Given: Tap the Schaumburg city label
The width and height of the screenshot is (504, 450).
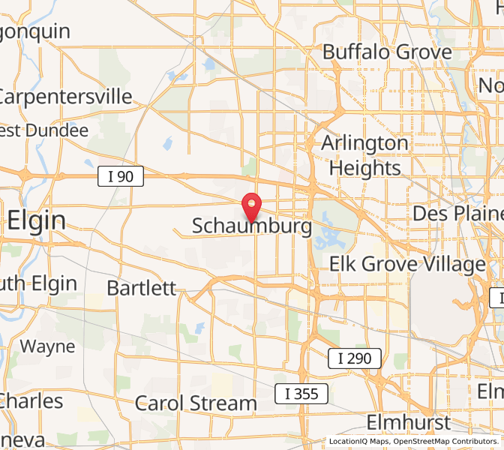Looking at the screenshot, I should tap(252, 226).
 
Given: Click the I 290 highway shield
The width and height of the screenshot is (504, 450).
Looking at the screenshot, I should tap(355, 358).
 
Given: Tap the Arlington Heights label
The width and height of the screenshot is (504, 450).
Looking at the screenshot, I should tap(365, 155).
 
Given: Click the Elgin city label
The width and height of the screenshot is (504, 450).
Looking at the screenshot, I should tap(36, 220).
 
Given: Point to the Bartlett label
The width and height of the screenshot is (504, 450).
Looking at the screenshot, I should tap(142, 288).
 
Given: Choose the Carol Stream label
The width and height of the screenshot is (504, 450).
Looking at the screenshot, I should tap(196, 403).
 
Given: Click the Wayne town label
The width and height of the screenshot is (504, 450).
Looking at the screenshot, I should tap(47, 346).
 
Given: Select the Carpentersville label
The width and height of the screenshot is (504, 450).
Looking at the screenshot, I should tap(66, 97).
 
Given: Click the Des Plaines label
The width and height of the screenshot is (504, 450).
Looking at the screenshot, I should tap(457, 214).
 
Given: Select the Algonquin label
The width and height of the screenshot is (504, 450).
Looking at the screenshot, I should tap(34, 31).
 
